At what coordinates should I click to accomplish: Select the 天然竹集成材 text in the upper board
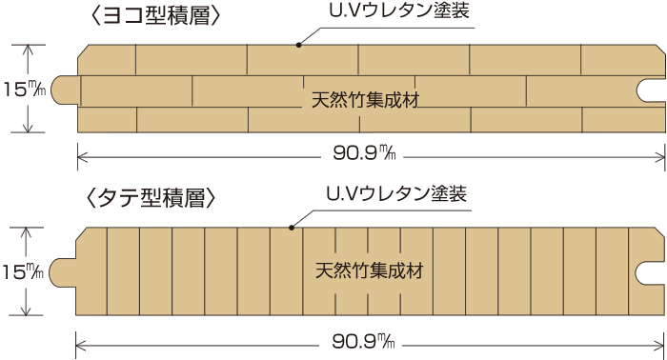pos(366,97)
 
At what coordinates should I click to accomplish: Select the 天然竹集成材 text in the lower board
pos(368,270)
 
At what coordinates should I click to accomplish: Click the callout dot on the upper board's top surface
pos(298,44)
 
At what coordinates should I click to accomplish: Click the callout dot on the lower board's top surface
pos(293,227)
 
